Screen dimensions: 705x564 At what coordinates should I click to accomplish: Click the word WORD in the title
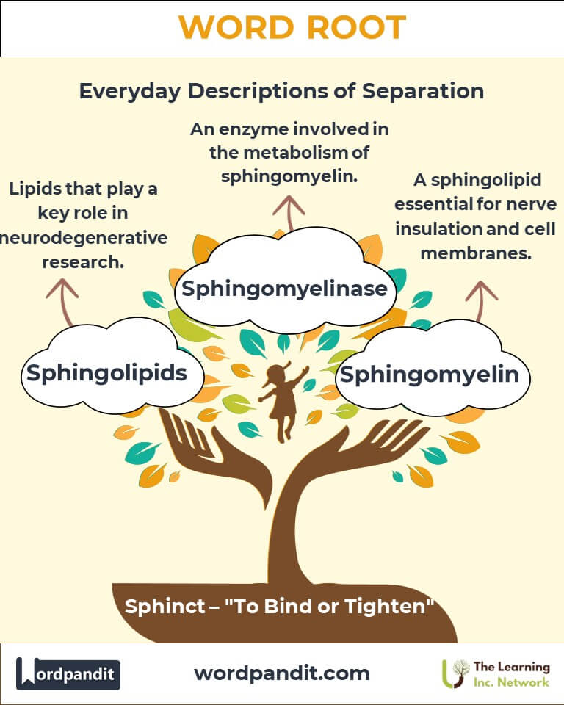[x=233, y=28]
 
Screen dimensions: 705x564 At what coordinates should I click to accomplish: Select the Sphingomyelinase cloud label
[x=284, y=288]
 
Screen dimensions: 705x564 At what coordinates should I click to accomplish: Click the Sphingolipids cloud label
[x=106, y=372]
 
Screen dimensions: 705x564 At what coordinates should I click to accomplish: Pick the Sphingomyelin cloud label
[x=429, y=375]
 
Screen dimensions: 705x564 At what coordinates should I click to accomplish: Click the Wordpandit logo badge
[x=68, y=673]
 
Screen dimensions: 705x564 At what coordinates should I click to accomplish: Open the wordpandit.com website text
[x=282, y=673]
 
